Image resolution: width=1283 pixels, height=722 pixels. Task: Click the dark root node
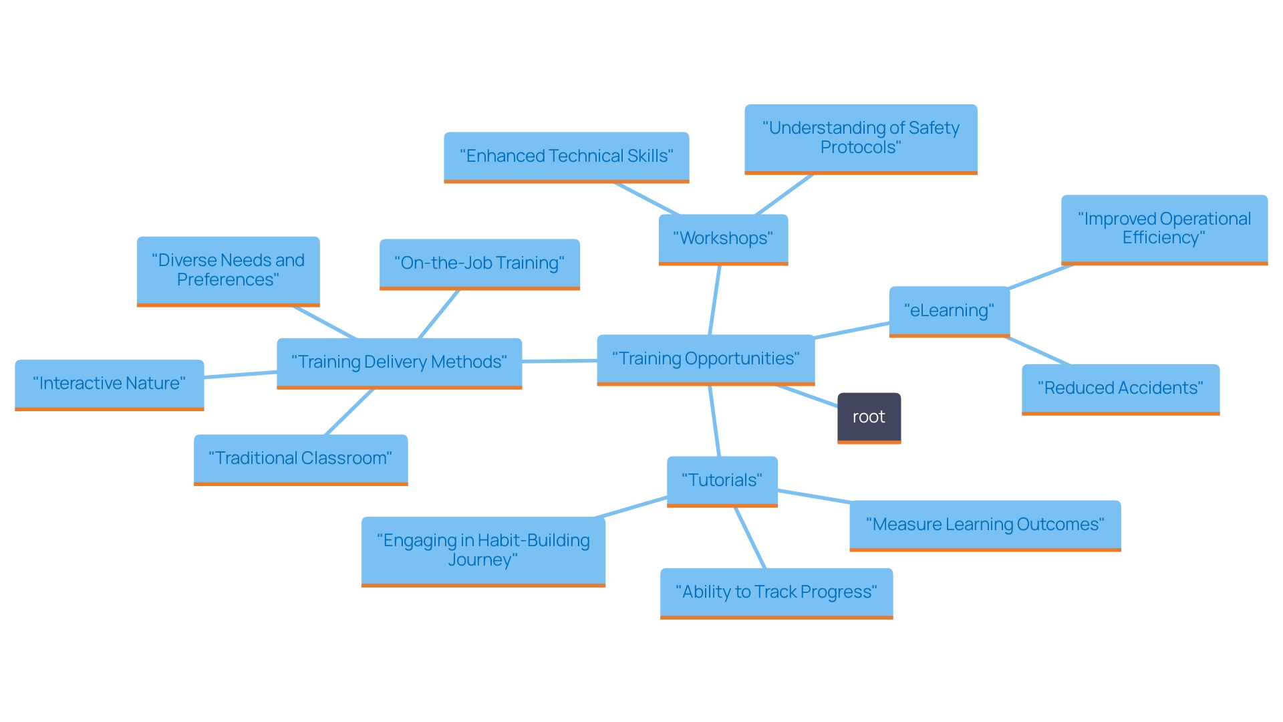(x=869, y=417)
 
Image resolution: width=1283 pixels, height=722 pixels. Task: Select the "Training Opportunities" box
(x=706, y=359)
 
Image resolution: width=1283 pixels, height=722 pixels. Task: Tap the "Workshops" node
(x=723, y=239)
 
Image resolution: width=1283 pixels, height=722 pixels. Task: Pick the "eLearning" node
(x=949, y=311)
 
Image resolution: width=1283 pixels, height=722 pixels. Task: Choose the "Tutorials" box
(x=722, y=481)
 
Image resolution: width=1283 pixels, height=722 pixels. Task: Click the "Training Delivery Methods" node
(x=399, y=362)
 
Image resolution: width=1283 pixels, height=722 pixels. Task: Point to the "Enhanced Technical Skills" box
(x=566, y=156)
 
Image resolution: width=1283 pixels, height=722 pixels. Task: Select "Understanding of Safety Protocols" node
(x=861, y=138)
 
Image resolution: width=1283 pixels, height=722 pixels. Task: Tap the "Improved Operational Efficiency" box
(x=1164, y=229)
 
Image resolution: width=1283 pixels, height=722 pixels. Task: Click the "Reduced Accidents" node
(x=1120, y=388)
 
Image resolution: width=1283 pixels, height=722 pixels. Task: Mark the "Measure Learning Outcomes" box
(x=985, y=525)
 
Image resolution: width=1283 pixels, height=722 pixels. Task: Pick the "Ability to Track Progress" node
(x=776, y=592)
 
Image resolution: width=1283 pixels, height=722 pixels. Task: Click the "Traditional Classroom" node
(x=301, y=459)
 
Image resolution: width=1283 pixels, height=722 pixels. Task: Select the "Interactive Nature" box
(x=109, y=384)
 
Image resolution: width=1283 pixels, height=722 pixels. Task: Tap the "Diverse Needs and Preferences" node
(x=228, y=270)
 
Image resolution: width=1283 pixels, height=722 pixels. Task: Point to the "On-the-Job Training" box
(x=479, y=263)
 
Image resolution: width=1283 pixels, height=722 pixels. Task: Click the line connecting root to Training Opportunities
(x=807, y=396)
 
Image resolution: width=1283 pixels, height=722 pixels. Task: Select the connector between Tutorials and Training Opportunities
(x=714, y=421)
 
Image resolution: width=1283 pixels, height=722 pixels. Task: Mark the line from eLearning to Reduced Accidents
(x=1037, y=350)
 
